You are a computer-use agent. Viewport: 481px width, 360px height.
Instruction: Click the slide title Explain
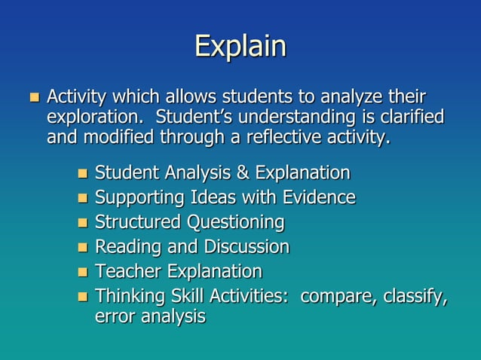[x=240, y=47]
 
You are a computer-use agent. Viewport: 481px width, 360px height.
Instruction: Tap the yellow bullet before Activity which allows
[x=32, y=97]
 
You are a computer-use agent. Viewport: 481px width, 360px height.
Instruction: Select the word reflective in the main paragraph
[x=291, y=138]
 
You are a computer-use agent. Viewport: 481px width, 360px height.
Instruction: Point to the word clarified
[x=408, y=118]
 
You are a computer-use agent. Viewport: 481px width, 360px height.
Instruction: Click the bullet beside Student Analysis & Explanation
[x=83, y=175]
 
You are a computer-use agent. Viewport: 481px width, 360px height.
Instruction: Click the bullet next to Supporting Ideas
[x=83, y=199]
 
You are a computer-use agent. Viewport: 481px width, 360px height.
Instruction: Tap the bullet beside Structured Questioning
[x=83, y=224]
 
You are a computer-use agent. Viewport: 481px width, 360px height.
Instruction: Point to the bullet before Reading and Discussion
[x=83, y=248]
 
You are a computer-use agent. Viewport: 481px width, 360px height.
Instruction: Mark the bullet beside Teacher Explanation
[x=83, y=272]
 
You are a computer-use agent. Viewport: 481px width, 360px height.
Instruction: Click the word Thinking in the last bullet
[x=127, y=296]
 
